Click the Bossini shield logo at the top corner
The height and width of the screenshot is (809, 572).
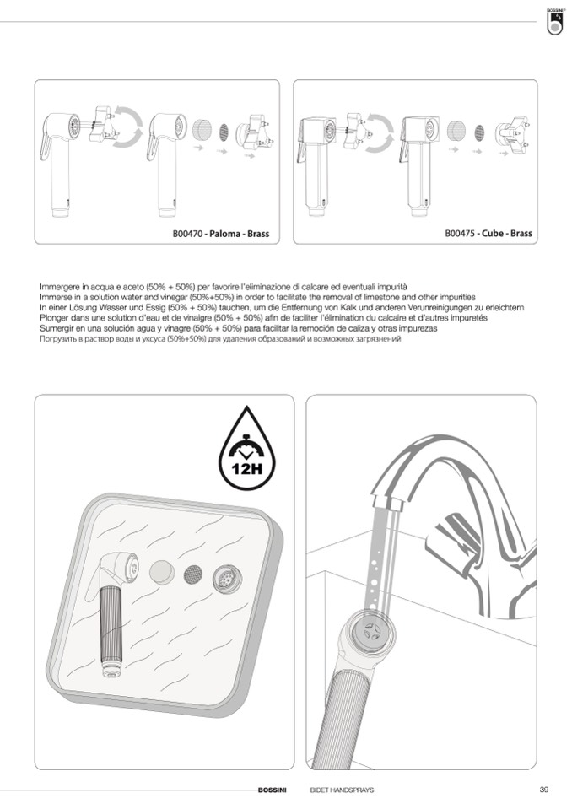coord(554,22)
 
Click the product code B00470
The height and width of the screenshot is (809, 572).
coord(187,234)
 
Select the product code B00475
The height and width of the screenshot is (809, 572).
coord(460,233)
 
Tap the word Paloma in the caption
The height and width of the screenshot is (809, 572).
coord(225,234)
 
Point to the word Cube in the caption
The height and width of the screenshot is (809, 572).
coord(493,233)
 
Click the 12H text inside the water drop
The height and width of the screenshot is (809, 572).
coord(246,469)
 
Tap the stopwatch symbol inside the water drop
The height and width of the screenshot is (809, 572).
coord(246,447)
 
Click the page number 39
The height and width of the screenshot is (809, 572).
coord(543,790)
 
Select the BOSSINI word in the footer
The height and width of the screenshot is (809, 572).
coord(272,790)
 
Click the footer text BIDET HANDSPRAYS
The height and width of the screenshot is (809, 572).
coord(342,790)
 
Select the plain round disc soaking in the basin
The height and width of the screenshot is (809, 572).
coord(161,572)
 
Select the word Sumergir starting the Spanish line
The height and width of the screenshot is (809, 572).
coord(56,328)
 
